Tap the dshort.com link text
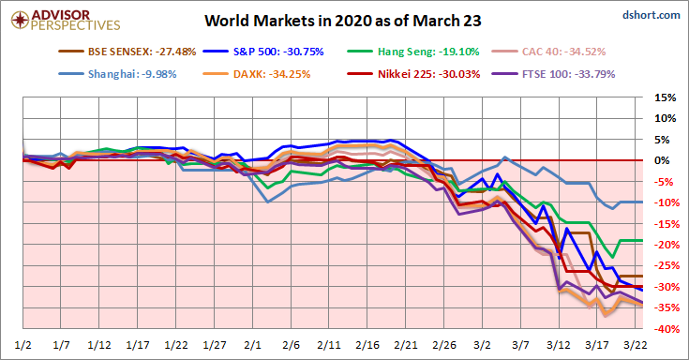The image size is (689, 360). (652, 15)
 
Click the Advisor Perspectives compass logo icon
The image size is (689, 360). (21, 20)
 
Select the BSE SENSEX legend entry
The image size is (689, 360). (127, 52)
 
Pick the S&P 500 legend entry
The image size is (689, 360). (263, 52)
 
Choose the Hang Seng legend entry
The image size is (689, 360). (412, 52)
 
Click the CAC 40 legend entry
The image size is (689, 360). (548, 52)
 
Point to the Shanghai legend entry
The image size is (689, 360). (117, 74)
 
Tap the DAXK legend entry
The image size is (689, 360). (257, 74)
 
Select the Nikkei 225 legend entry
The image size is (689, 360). (413, 74)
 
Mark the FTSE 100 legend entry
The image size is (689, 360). (554, 74)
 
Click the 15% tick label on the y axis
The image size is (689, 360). (665, 97)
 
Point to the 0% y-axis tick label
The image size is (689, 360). (662, 160)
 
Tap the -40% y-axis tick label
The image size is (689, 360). (665, 329)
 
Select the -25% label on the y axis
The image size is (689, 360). (665, 265)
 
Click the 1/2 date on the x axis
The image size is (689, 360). (22, 345)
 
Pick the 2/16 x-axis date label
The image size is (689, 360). (367, 345)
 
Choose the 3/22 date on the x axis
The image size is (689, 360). (636, 345)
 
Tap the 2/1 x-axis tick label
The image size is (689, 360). (253, 345)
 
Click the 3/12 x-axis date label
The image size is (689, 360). (559, 345)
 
